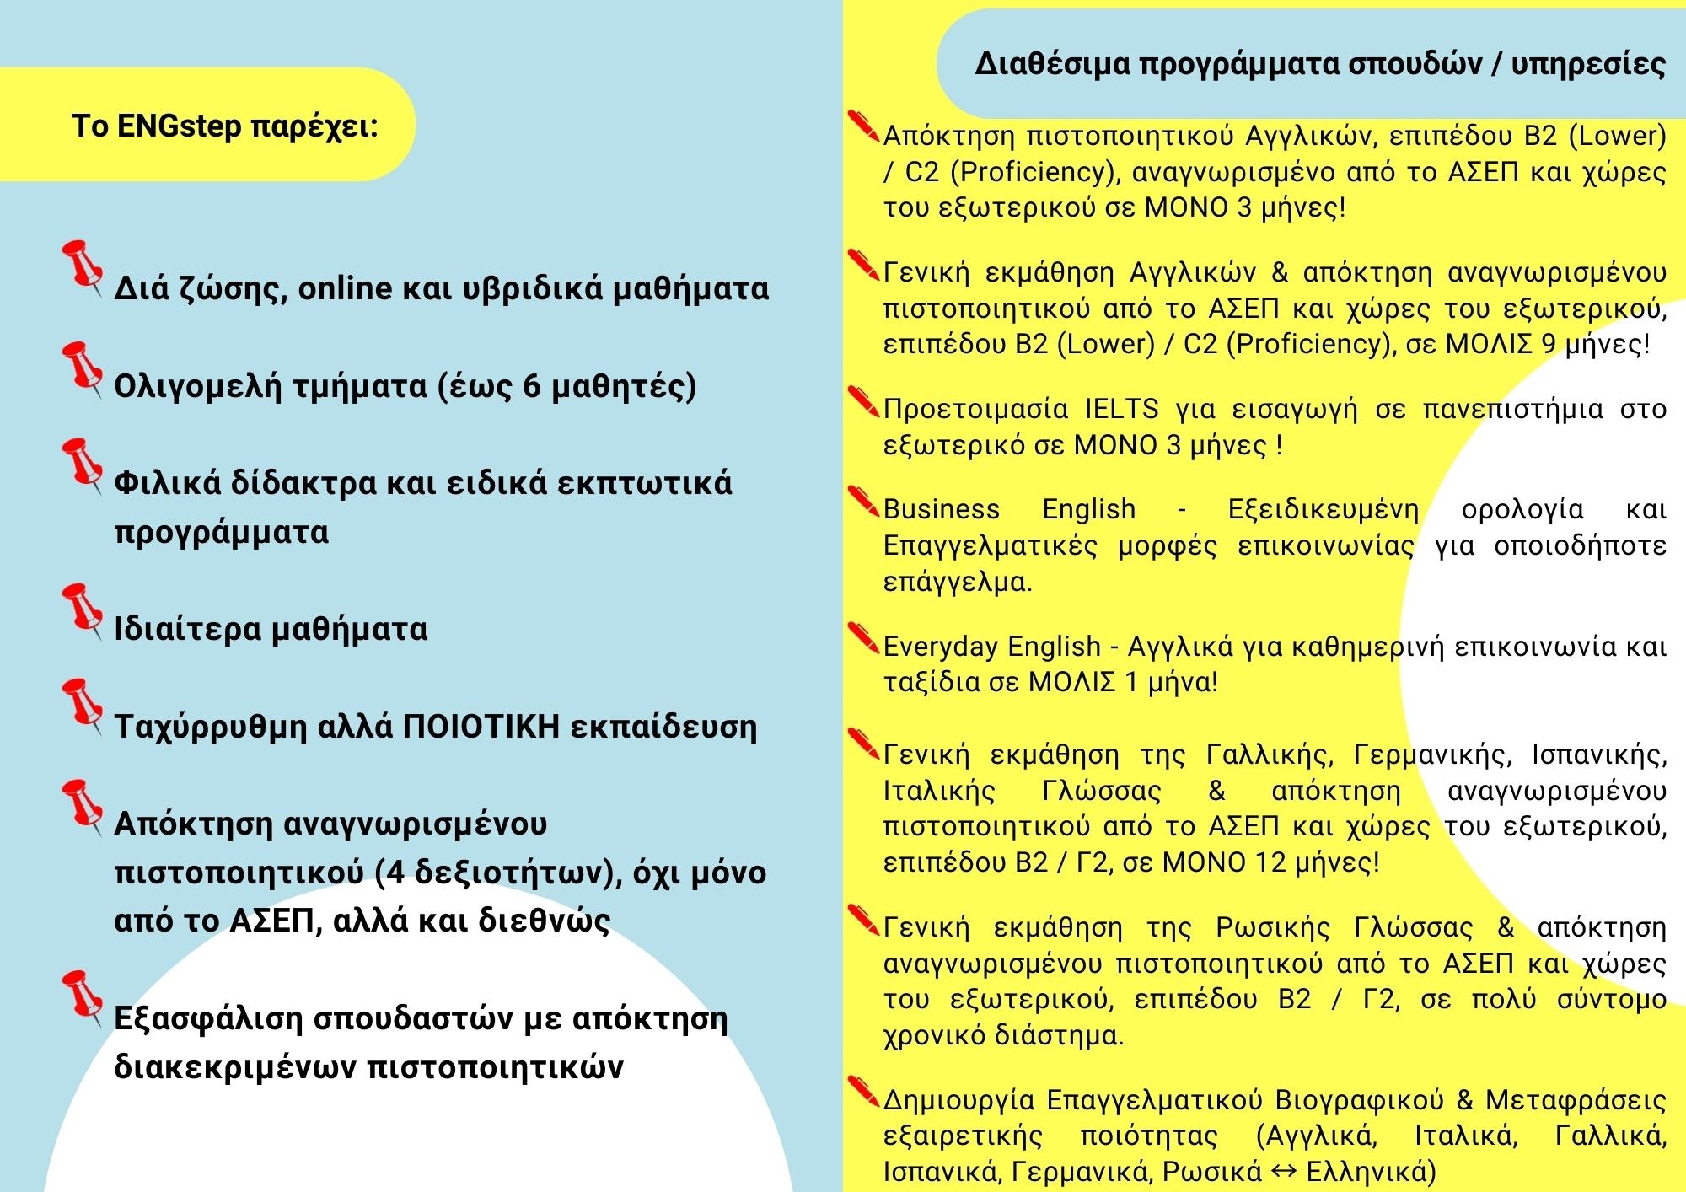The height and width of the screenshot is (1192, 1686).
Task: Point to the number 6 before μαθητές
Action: (x=532, y=386)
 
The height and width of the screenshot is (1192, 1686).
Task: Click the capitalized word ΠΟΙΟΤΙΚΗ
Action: (x=481, y=726)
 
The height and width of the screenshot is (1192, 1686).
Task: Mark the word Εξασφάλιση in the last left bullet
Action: (x=208, y=1018)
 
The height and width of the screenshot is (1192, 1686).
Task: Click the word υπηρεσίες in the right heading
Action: (x=1588, y=64)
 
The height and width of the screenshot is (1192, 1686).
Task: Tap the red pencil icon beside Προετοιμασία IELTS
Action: (x=863, y=400)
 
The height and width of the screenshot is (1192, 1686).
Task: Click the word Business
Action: (x=942, y=509)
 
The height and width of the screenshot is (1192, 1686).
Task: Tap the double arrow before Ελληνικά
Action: (x=1284, y=1172)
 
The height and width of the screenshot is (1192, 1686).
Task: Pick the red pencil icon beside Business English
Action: (x=863, y=501)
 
